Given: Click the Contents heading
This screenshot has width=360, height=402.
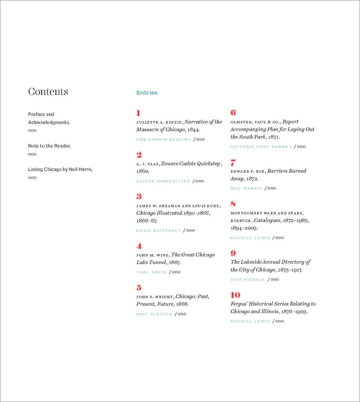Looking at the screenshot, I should (48, 92).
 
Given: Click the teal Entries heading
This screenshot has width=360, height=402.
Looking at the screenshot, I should (147, 93).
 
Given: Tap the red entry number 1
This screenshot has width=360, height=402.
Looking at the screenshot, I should (138, 113).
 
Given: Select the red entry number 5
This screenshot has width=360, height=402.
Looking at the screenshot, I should (139, 288).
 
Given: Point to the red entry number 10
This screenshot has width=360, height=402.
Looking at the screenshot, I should (235, 295).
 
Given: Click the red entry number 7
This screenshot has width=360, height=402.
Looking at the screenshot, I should (233, 163).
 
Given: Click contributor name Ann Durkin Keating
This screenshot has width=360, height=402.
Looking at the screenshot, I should (163, 139).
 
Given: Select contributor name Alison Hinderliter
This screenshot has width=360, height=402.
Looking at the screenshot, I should (163, 181).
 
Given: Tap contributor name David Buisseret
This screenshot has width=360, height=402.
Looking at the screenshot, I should (158, 230).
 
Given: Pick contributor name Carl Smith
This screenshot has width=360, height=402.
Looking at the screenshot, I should (151, 272).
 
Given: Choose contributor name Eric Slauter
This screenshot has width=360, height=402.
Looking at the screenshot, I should (154, 314).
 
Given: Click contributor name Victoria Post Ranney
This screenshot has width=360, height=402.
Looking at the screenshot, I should (261, 147).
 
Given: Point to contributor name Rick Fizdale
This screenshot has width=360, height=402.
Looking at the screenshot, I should (248, 280).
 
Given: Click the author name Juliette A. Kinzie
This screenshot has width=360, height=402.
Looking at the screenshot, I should (159, 122).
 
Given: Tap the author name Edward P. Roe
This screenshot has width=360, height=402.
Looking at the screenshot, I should (247, 171).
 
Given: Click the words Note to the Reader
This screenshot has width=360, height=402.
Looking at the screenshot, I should (49, 146).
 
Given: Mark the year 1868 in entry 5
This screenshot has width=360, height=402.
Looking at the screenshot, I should (182, 304).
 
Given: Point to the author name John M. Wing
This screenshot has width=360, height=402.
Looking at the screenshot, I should (153, 255).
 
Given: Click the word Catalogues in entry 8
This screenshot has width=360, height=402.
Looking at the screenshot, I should (267, 221).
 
